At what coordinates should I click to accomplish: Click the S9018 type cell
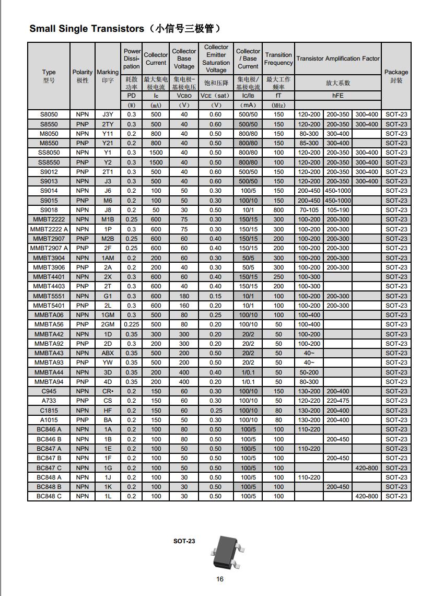pos(49,210)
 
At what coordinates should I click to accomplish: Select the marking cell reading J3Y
pos(108,114)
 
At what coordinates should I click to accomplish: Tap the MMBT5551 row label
pos(49,296)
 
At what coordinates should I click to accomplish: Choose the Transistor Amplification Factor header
pos(338,59)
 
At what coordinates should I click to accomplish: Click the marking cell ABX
pos(108,353)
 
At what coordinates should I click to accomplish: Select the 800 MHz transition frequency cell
pos(278,210)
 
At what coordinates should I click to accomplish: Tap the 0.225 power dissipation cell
pos(131,324)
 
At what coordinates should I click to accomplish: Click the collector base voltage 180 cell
pos(184,296)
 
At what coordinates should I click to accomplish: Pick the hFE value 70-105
pos(309,210)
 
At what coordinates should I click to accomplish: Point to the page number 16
pos(219,579)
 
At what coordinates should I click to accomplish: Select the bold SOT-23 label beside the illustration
pos(184,541)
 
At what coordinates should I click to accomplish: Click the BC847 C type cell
pos(49,468)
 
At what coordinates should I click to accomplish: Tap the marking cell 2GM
pos(108,324)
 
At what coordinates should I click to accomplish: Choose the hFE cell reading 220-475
pos(338,401)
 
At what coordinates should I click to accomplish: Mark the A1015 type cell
pos(49,420)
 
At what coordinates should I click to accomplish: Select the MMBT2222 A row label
pos(49,229)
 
